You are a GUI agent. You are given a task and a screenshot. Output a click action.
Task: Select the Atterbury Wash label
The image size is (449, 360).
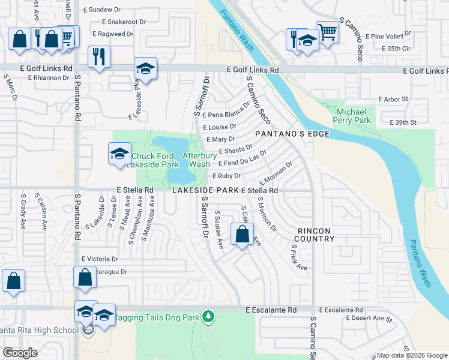coord(196,159)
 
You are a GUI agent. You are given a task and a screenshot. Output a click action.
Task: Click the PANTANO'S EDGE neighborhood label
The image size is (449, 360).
coord(292,134)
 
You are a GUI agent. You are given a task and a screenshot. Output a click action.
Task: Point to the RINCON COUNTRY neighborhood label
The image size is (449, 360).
coord(315,234)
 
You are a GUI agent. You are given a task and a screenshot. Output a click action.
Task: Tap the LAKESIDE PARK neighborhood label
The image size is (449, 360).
coord(206,190)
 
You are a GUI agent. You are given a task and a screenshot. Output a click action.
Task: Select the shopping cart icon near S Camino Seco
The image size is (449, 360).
coord(327,31)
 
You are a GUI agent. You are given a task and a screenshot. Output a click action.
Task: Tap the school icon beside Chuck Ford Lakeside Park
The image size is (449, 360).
coord(119,153)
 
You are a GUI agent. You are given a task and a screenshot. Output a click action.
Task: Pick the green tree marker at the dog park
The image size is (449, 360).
coord(208,316)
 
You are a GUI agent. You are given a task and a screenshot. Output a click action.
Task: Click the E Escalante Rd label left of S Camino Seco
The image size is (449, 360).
coord(271,310)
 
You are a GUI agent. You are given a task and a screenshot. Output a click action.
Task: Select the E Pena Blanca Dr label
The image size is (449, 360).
coord(226,114)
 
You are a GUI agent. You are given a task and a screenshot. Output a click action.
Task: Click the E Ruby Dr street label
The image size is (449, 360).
coord(226,176)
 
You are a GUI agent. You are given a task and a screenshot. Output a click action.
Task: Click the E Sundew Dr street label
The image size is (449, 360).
coord(105,10)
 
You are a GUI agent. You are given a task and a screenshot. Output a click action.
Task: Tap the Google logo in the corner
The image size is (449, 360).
coord(20,353)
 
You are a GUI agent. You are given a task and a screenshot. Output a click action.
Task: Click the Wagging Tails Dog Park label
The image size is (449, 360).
coord(156,317)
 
